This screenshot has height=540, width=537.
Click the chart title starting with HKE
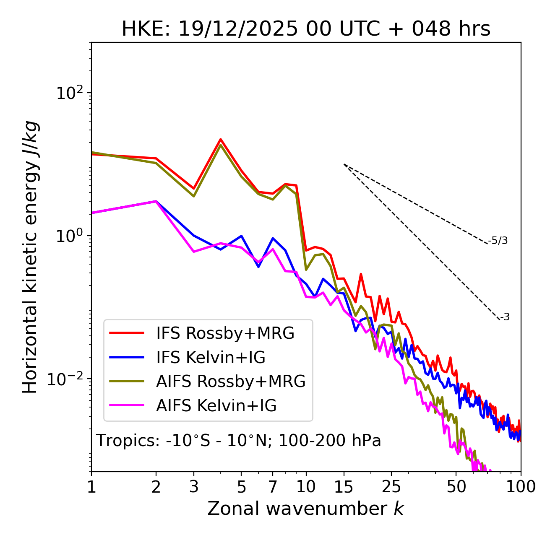(x=306, y=29)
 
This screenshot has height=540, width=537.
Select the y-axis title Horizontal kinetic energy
(x=30, y=257)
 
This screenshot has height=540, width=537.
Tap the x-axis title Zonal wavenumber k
(x=305, y=509)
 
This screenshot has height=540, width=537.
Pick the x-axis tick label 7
(x=273, y=487)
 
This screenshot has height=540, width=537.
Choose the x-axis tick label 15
(x=344, y=487)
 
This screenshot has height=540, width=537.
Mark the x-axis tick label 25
(x=391, y=487)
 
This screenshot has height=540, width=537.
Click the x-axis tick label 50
(x=456, y=487)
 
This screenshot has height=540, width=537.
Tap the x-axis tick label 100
(x=521, y=487)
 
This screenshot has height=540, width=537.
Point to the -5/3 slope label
(x=498, y=241)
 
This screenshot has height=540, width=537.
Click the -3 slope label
(x=505, y=317)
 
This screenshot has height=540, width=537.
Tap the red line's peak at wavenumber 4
(x=221, y=139)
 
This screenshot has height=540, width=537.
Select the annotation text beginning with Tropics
(x=238, y=441)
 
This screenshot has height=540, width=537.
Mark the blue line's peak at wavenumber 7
(x=273, y=238)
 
